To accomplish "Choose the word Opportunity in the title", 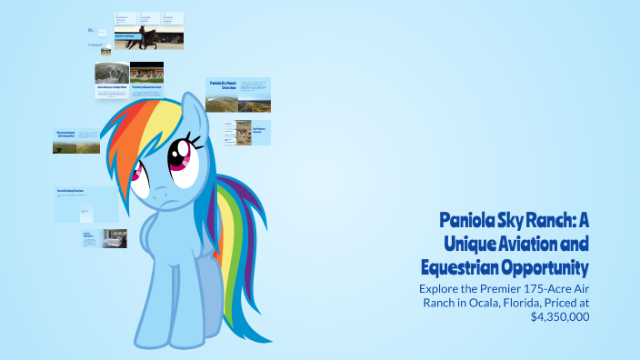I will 545,267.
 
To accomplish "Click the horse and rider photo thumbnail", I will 148,39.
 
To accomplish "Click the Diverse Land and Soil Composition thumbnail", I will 76,141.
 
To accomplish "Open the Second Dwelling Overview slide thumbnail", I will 86,205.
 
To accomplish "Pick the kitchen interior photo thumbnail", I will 115,238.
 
